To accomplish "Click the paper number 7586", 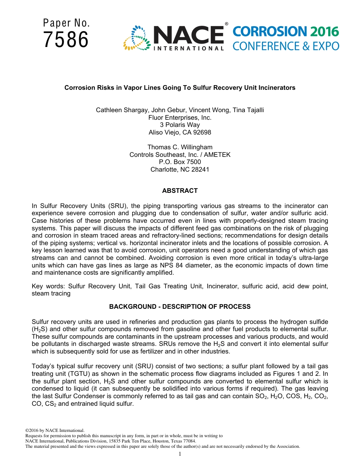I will [x=66, y=40].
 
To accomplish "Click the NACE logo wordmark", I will [x=188, y=35].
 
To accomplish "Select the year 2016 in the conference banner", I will [x=324, y=31].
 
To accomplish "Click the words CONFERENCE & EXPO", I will [x=286, y=46].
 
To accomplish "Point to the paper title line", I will [x=180, y=88].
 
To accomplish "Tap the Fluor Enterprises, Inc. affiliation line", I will [x=180, y=117].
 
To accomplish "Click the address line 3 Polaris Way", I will [x=180, y=125].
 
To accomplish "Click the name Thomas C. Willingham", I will [x=180, y=147].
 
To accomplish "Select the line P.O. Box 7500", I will [x=180, y=162].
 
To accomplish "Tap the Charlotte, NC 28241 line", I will [x=180, y=169].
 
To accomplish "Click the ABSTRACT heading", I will [x=180, y=191].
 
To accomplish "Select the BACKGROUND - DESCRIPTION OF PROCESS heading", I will [x=180, y=306].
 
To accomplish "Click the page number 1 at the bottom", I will [x=180, y=454].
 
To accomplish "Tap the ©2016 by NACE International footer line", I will [x=55, y=430].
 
